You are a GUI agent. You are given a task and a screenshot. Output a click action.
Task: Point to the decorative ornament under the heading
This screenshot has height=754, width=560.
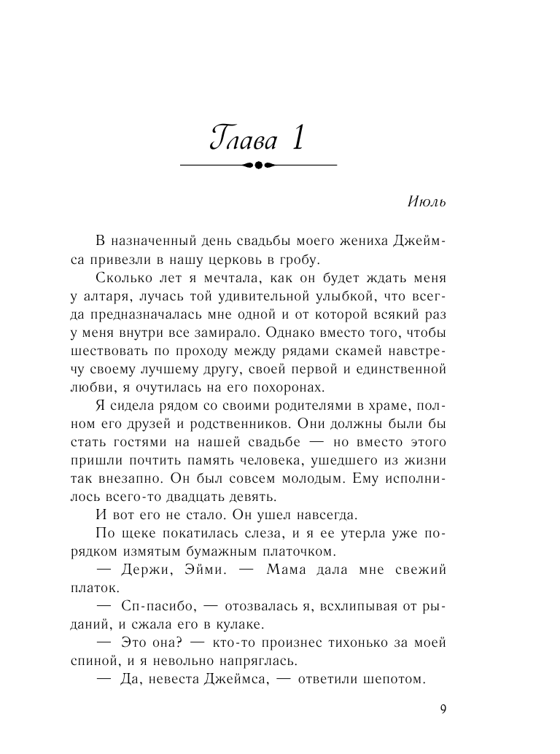coord(258,166)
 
